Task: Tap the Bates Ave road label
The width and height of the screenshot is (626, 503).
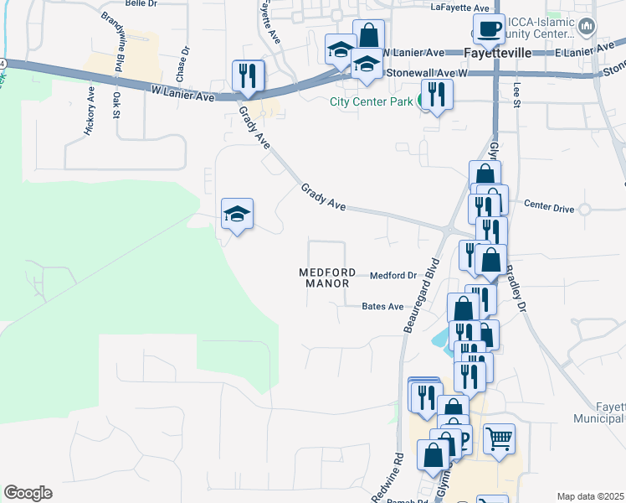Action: pos(382,307)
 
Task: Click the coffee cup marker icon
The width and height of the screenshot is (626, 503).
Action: pos(489,29)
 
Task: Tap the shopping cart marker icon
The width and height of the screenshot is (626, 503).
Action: pos(498,438)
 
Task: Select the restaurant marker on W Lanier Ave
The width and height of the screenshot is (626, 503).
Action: pos(248,75)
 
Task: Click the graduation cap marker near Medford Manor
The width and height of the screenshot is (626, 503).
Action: pos(237,214)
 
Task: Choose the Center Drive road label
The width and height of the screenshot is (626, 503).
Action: pos(547,204)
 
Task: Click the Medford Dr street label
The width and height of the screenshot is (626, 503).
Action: pos(393,275)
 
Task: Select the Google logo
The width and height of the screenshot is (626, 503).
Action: pos(28,493)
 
